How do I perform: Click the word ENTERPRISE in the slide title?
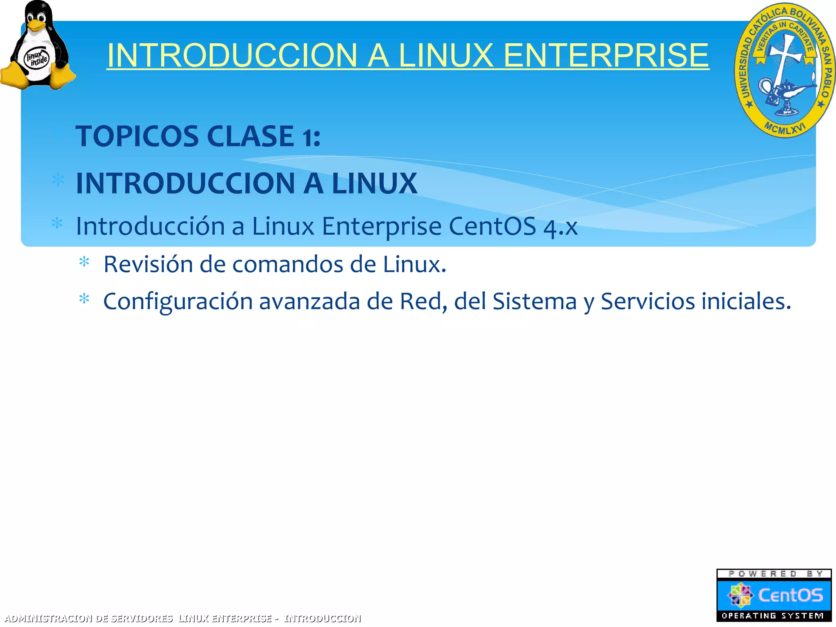coord(606,56)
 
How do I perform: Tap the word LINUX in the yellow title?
coord(445,56)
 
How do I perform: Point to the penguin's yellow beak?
coord(36,25)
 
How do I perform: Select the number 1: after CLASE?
coord(311,138)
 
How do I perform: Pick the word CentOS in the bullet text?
coord(492,226)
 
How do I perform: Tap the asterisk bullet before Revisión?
coord(84,262)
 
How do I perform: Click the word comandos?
coord(287,265)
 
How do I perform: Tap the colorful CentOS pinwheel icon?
coord(740,595)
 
